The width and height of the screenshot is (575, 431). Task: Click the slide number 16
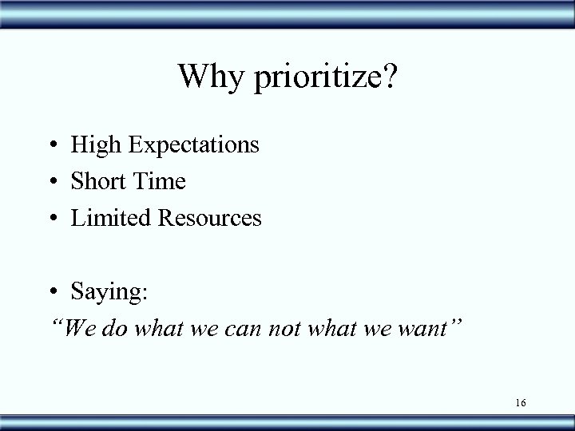520,403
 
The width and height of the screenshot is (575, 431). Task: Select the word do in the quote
111,327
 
